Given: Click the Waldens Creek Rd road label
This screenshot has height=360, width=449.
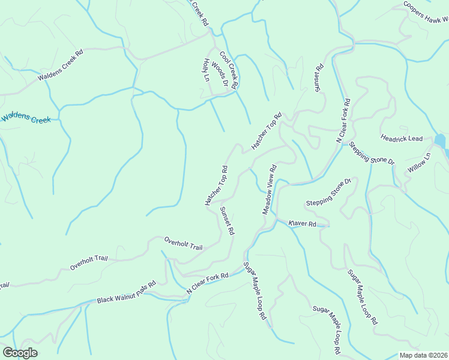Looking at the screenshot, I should click(x=60, y=65).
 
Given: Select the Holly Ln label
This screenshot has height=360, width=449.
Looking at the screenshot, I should click(x=207, y=70).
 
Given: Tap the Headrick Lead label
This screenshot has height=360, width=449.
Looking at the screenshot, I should click(x=402, y=138).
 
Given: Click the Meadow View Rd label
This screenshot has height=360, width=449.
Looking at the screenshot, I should click(x=268, y=190).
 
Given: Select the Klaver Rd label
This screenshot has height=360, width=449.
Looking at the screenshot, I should click(x=302, y=224).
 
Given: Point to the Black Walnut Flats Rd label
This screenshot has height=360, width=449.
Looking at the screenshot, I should click(x=127, y=291).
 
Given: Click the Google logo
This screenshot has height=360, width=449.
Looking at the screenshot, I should click(x=20, y=353).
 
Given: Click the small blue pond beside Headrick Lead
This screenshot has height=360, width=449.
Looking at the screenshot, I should click(x=440, y=142).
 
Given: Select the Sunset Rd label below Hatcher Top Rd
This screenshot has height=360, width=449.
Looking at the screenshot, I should click(x=226, y=220).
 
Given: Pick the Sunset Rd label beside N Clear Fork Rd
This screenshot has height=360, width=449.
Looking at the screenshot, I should click(x=319, y=80).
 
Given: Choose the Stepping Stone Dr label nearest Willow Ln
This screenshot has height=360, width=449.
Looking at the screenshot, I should click(x=372, y=154).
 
